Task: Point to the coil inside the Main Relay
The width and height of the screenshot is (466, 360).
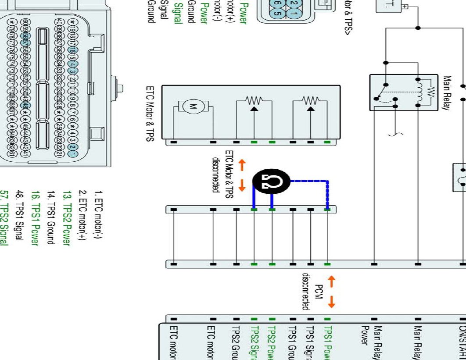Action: [x=420, y=92]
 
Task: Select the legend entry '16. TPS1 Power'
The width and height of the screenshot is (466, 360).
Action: [x=35, y=218]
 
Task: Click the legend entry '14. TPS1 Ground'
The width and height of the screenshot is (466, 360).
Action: [x=50, y=217]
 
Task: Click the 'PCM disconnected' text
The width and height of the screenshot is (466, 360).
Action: [x=313, y=292]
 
